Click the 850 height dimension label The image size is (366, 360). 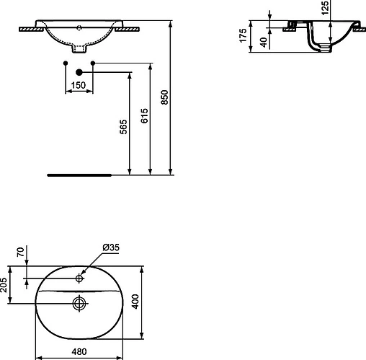(165, 98)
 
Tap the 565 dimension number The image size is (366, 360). (123, 127)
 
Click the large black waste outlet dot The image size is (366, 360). (79, 73)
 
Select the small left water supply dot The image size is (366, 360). (66, 65)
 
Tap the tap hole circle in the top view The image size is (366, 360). (79, 278)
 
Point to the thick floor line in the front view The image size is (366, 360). (79, 175)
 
